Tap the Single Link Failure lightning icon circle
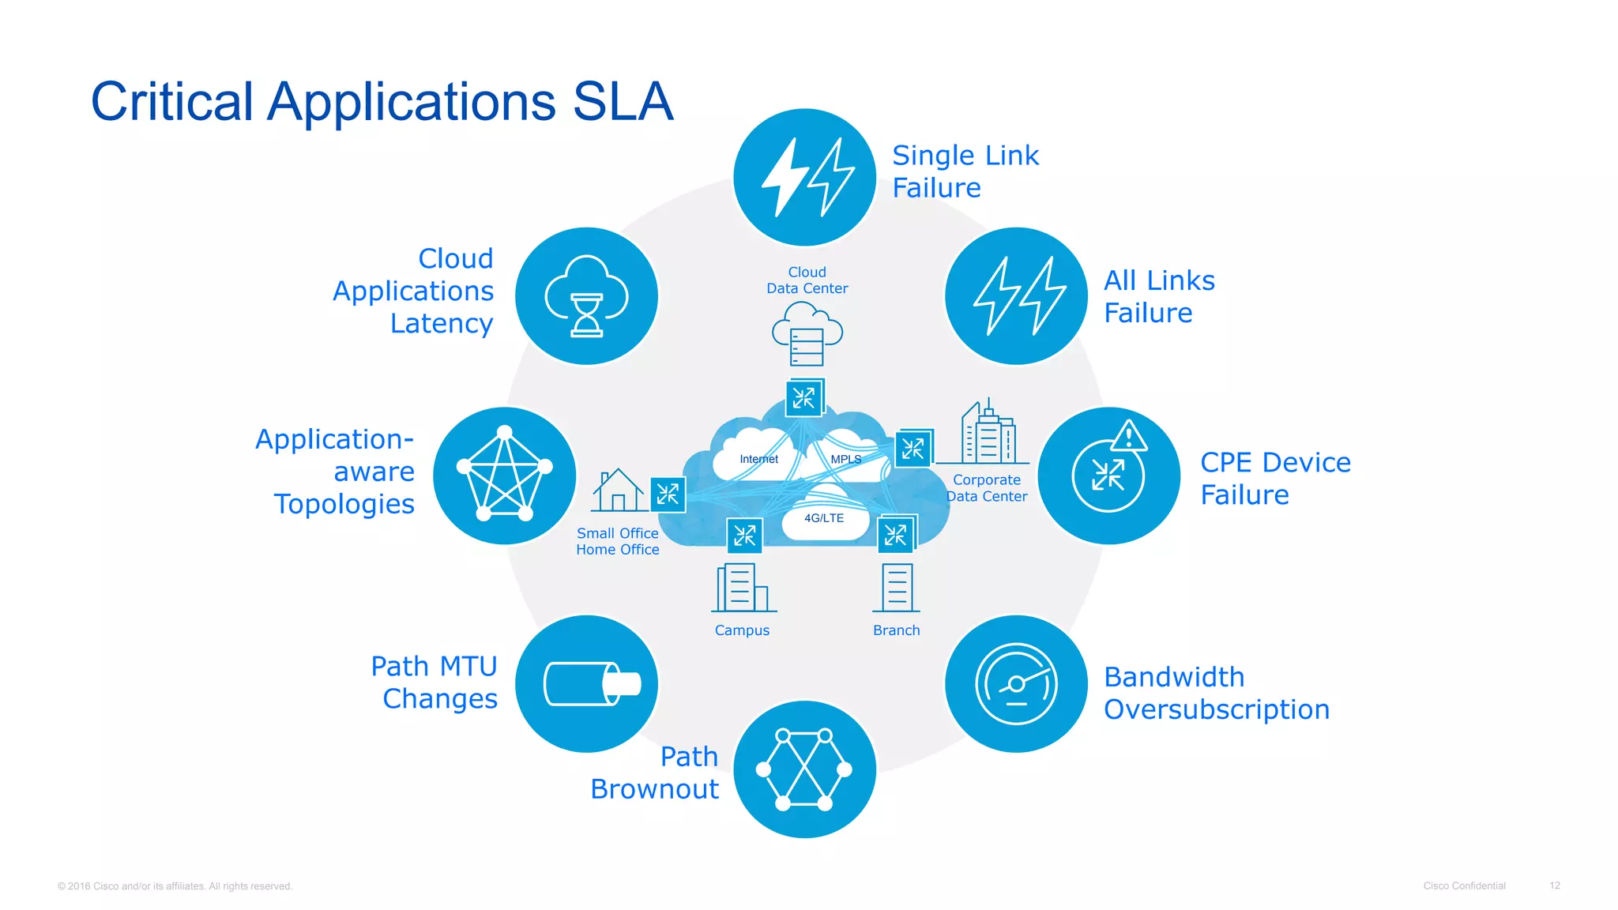[x=804, y=177]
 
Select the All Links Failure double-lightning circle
[x=1016, y=296]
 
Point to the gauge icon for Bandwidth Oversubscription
[x=1016, y=684]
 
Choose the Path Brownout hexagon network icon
[x=804, y=769]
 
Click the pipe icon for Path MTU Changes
[x=586, y=684]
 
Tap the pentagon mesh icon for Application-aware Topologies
[x=505, y=476]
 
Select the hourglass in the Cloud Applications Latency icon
[x=586, y=315]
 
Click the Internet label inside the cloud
[x=758, y=459]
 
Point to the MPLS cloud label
[x=845, y=459]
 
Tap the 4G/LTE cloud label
[x=824, y=518]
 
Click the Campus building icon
[x=742, y=588]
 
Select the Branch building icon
[x=897, y=588]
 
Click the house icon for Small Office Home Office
[x=618, y=491]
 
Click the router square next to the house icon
[x=668, y=495]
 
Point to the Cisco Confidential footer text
[x=1464, y=886]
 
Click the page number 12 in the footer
[x=1554, y=886]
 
